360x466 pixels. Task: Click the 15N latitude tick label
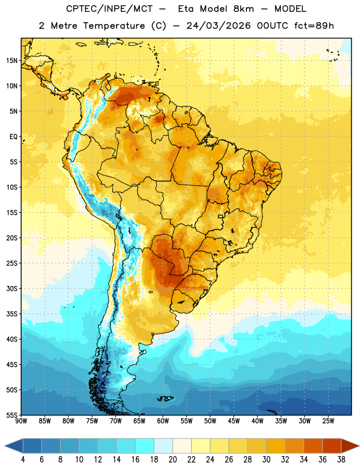12,61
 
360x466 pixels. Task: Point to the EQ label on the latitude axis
13,137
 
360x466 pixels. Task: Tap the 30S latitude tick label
12,288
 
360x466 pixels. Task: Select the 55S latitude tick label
12,415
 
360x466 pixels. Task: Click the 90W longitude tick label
21,421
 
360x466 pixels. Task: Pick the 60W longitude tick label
163,421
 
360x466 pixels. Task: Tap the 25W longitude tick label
328,421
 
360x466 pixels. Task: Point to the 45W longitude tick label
234,421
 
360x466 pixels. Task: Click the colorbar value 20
172,460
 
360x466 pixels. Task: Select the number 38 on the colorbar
341,460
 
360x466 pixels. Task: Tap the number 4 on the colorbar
23,460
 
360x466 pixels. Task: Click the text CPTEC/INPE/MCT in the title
110,9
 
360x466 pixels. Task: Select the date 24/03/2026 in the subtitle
218,26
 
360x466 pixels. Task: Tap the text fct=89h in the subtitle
314,26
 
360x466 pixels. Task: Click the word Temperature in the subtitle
114,26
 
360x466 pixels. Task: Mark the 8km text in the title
243,9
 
